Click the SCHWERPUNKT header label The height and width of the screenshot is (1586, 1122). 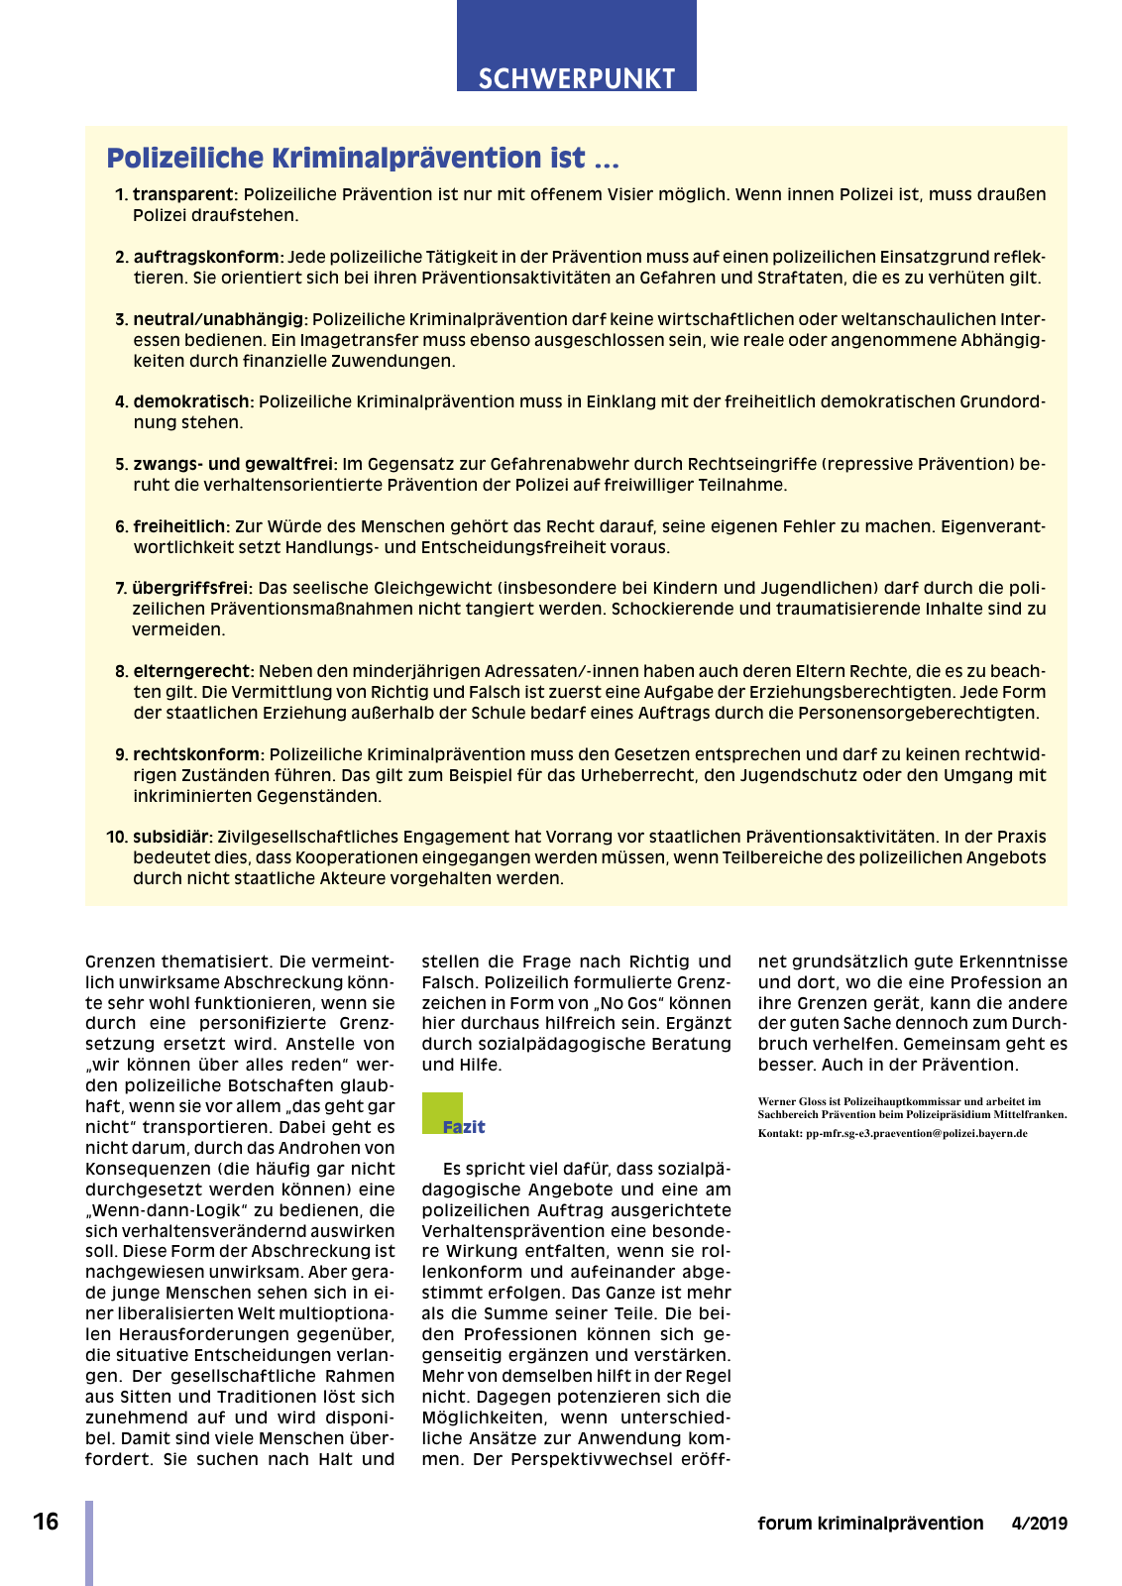click(576, 78)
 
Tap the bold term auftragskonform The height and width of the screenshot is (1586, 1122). click(208, 257)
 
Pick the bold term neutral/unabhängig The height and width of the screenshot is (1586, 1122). click(220, 319)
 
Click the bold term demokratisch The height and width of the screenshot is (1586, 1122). click(193, 401)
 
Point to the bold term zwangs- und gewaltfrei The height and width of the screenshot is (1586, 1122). click(235, 464)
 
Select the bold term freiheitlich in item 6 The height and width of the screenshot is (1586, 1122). click(181, 526)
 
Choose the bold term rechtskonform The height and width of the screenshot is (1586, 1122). click(198, 754)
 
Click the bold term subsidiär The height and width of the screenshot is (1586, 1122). click(172, 837)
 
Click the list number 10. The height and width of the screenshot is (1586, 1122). click(117, 837)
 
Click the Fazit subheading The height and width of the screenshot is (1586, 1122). click(464, 1127)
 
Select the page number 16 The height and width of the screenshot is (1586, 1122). click(46, 1522)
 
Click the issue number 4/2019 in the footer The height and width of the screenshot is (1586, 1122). click(1039, 1524)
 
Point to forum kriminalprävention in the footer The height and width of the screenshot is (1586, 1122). click(870, 1524)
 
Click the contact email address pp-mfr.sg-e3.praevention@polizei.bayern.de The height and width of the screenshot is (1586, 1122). click(916, 1133)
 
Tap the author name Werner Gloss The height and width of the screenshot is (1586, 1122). click(789, 1101)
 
